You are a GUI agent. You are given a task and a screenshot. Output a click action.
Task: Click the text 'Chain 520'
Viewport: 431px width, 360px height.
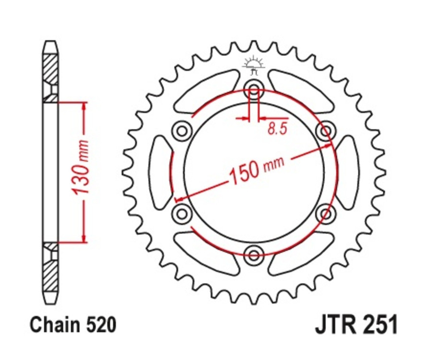(x=73, y=325)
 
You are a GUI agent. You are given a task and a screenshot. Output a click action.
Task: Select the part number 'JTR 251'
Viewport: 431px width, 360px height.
(x=356, y=325)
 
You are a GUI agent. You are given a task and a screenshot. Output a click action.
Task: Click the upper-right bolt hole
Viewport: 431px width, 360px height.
(x=326, y=130)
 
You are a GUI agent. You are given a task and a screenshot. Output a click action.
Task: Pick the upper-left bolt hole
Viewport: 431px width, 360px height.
(x=181, y=130)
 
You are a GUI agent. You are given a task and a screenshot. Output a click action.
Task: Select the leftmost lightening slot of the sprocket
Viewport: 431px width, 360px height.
(x=161, y=171)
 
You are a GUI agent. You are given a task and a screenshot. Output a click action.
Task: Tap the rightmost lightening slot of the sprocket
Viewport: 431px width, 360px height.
(x=347, y=171)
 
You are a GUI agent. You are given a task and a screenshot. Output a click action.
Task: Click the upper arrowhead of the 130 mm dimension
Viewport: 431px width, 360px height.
(x=84, y=106)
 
